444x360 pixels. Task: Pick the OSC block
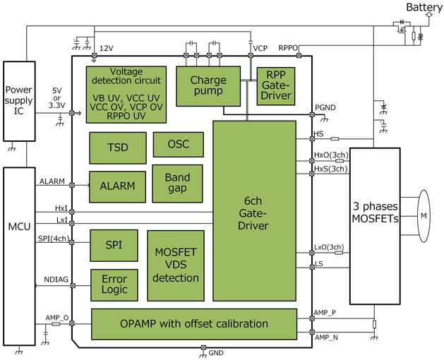tap(178, 144)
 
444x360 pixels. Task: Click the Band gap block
tap(177, 184)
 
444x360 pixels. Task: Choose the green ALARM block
tap(117, 186)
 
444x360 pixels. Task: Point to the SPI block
tap(113, 245)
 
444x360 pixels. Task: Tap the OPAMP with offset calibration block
tap(193, 324)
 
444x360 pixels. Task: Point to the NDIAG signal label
tap(56, 279)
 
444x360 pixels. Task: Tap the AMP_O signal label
tap(57, 318)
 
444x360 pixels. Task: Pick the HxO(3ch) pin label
tap(330, 155)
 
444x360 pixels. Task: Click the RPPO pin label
tap(288, 48)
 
